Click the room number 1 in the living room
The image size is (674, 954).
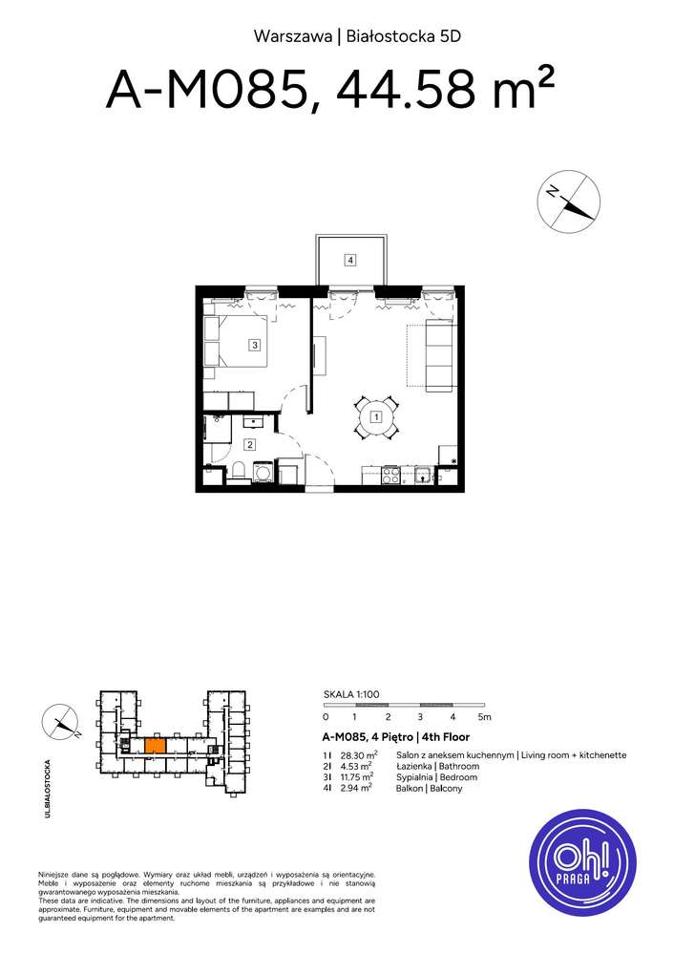click(377, 417)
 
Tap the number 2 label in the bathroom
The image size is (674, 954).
click(249, 444)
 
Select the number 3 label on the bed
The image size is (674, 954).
click(255, 346)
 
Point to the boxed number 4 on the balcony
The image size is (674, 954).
click(351, 260)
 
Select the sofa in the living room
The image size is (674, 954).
click(439, 355)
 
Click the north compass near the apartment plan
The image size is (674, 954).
click(568, 201)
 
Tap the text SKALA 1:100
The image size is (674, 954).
click(352, 697)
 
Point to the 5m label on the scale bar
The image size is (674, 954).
click(484, 716)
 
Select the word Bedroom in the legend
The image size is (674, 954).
click(455, 777)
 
